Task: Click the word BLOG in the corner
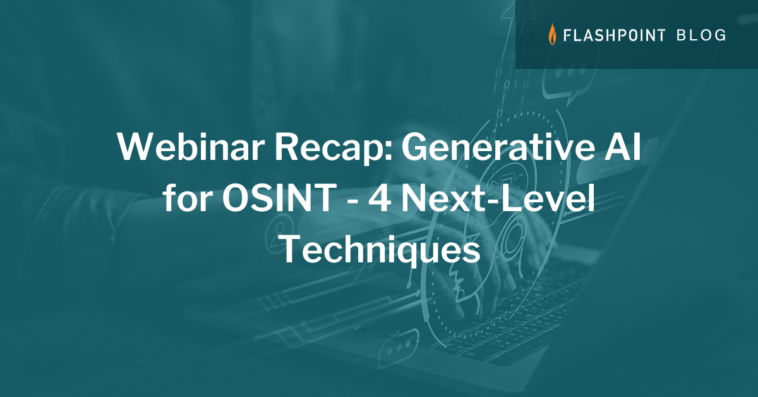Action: click(x=701, y=35)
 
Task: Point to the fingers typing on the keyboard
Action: click(x=505, y=278)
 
